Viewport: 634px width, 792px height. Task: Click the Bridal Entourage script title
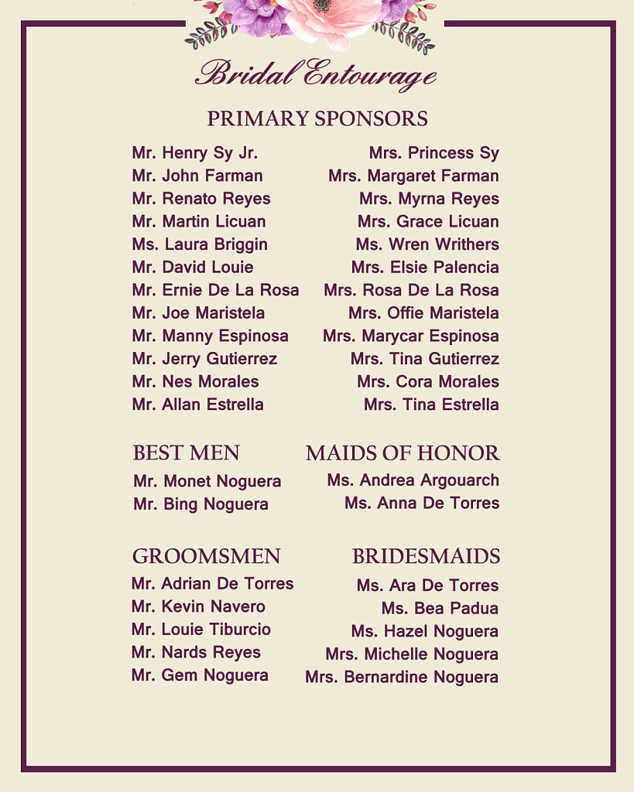click(316, 74)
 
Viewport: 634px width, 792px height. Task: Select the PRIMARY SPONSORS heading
click(317, 119)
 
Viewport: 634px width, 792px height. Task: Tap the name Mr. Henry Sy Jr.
click(195, 153)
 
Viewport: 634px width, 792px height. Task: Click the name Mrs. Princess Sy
click(434, 153)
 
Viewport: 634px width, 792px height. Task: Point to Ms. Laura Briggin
click(200, 244)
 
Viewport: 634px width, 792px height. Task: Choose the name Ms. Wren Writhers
click(427, 244)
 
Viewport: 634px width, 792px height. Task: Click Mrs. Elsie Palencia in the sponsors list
click(425, 268)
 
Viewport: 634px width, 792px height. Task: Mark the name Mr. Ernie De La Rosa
click(215, 290)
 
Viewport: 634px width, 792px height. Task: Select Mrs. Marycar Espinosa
click(411, 336)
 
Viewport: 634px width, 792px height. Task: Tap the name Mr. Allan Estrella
click(197, 405)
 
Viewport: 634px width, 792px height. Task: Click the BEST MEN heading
click(186, 453)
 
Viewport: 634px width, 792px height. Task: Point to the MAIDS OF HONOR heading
click(403, 453)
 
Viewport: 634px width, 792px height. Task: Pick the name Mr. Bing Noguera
click(200, 504)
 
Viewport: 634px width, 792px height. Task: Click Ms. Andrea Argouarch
click(413, 480)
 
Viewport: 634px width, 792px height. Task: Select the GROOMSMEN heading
click(206, 557)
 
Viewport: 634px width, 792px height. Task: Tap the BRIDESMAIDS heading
click(426, 557)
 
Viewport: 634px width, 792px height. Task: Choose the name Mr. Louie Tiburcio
click(201, 630)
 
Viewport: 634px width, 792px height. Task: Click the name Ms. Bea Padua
click(440, 609)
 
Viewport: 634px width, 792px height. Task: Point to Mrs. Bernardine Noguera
click(402, 678)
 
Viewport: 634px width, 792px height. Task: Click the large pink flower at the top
click(329, 19)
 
